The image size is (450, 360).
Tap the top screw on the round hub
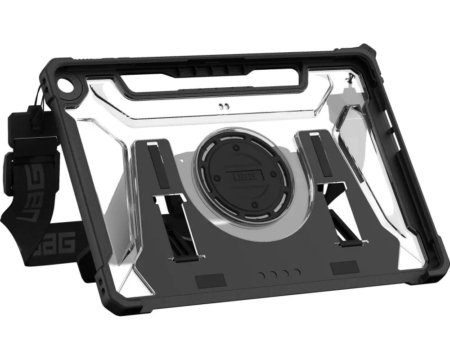236,148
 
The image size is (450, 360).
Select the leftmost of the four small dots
262,275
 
